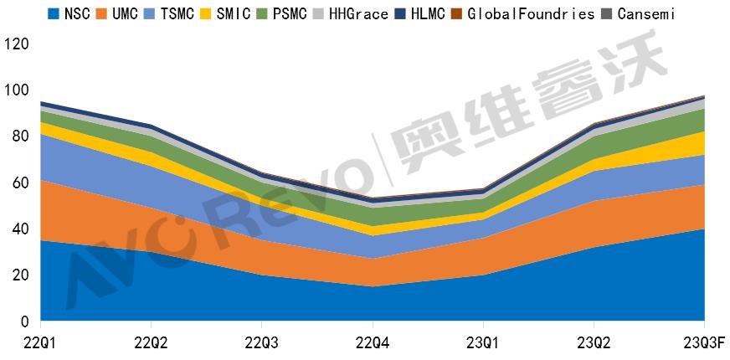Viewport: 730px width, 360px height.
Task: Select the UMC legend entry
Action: click(126, 13)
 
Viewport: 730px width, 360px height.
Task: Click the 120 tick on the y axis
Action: click(17, 44)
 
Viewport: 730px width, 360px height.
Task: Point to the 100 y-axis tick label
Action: click(17, 90)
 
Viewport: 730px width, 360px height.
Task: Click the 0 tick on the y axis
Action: click(24, 321)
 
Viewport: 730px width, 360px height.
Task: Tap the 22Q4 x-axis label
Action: click(373, 342)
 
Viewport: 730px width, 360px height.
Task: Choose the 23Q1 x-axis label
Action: click(483, 342)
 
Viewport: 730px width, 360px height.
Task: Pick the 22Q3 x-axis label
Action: click(262, 342)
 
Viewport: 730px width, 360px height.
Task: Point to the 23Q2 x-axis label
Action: click(594, 342)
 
